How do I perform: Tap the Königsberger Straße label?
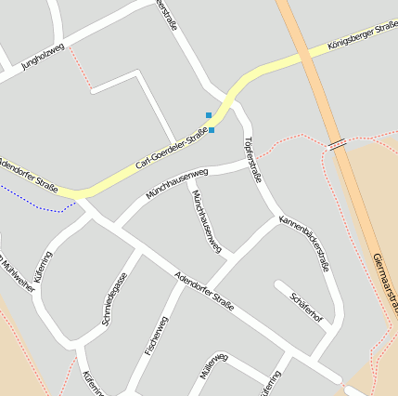[x=361, y=35]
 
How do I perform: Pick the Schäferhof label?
[x=306, y=307]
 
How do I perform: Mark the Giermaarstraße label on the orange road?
[x=385, y=284]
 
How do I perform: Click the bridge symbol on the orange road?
[x=337, y=144]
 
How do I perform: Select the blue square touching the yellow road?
[x=212, y=130]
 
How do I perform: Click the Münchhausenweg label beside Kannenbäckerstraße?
[x=206, y=221]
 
